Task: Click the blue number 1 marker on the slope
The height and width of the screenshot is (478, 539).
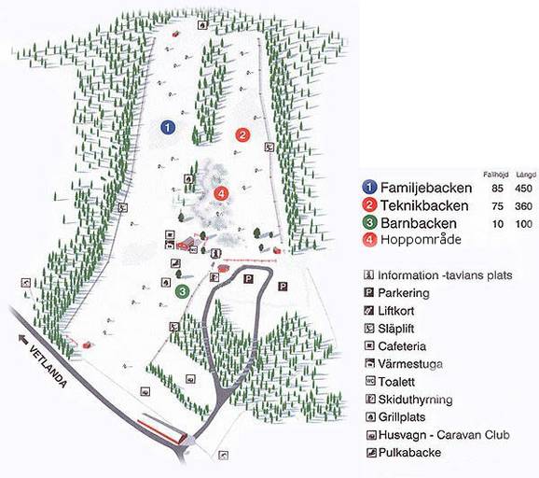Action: [167, 126]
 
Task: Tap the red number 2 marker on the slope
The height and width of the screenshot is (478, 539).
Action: [242, 134]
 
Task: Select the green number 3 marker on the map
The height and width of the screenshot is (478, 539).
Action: [184, 292]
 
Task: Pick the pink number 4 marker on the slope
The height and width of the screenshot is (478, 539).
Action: [221, 193]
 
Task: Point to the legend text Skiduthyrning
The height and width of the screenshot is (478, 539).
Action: [414, 400]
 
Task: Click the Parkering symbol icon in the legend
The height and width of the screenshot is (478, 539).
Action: [369, 293]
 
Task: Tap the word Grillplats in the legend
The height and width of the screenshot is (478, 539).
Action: [405, 417]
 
